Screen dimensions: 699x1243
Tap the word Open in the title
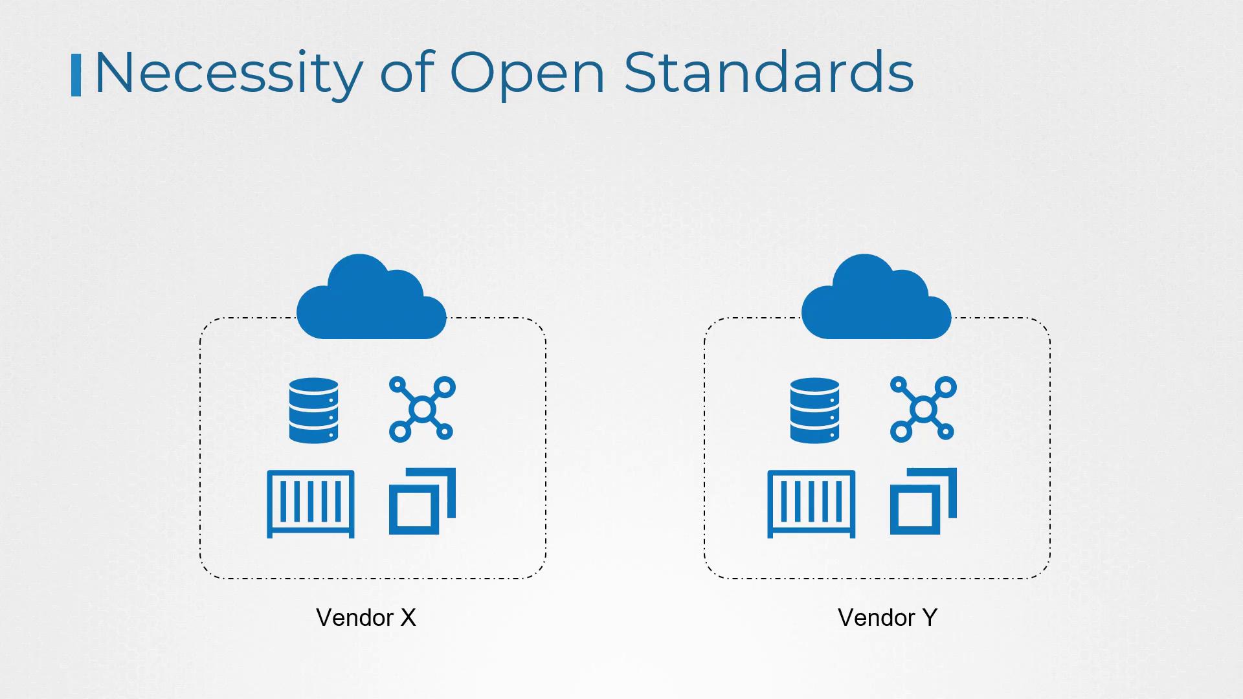click(x=527, y=72)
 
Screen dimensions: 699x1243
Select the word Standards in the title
click(x=768, y=72)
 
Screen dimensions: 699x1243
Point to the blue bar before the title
click(x=76, y=75)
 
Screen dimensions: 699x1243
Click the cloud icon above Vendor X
click(x=371, y=299)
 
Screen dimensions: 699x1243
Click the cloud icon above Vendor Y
click(x=876, y=299)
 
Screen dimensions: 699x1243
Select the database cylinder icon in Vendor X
click(x=313, y=410)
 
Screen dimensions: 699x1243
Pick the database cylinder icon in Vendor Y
click(x=814, y=410)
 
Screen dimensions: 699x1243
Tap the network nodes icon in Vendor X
click(x=422, y=409)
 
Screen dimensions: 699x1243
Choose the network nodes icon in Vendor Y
click(x=923, y=409)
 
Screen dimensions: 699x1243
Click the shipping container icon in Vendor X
click(x=311, y=504)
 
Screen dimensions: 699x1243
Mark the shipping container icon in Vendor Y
click(x=811, y=504)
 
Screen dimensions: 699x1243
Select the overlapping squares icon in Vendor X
click(x=421, y=502)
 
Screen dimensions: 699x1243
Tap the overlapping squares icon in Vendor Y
click(x=923, y=502)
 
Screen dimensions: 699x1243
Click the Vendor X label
click(x=366, y=617)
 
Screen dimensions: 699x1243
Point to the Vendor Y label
click(x=887, y=617)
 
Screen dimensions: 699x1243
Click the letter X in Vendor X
click(x=408, y=617)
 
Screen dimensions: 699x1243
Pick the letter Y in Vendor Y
click(x=930, y=617)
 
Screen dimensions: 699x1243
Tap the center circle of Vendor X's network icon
click(x=422, y=409)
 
